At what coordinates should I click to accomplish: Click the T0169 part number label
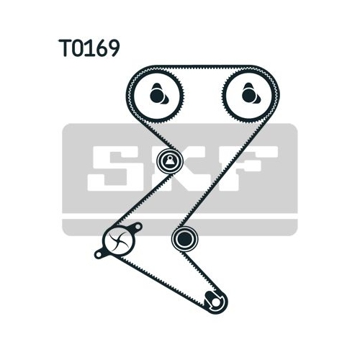pos(89,48)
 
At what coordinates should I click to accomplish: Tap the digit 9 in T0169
pos(112,48)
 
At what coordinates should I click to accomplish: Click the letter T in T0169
pos(65,48)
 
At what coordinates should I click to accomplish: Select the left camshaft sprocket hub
pos(158,94)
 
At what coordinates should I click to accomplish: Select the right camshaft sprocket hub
pos(251,94)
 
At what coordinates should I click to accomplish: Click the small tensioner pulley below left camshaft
pos(170,161)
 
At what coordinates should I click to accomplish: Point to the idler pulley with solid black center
pos(185,238)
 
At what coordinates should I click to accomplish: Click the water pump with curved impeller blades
pos(118,240)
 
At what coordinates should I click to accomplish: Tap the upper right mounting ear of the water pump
pos(138,226)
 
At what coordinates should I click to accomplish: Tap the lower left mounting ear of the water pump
pos(99,254)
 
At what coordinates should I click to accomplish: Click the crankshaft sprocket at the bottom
pos(215,302)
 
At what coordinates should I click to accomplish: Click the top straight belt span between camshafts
pos(204,68)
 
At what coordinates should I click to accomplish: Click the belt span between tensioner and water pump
pos(142,201)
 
